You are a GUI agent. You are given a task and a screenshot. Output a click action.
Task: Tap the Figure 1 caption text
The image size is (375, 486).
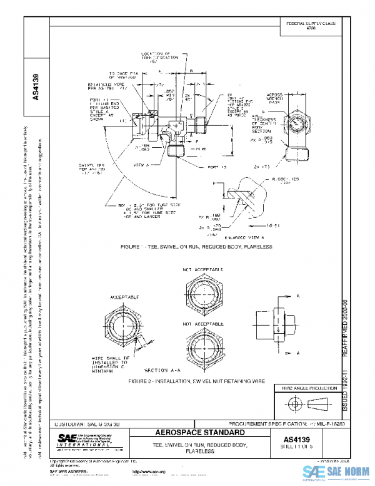point(199,247)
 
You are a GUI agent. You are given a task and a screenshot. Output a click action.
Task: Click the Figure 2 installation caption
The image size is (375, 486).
point(197,380)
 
